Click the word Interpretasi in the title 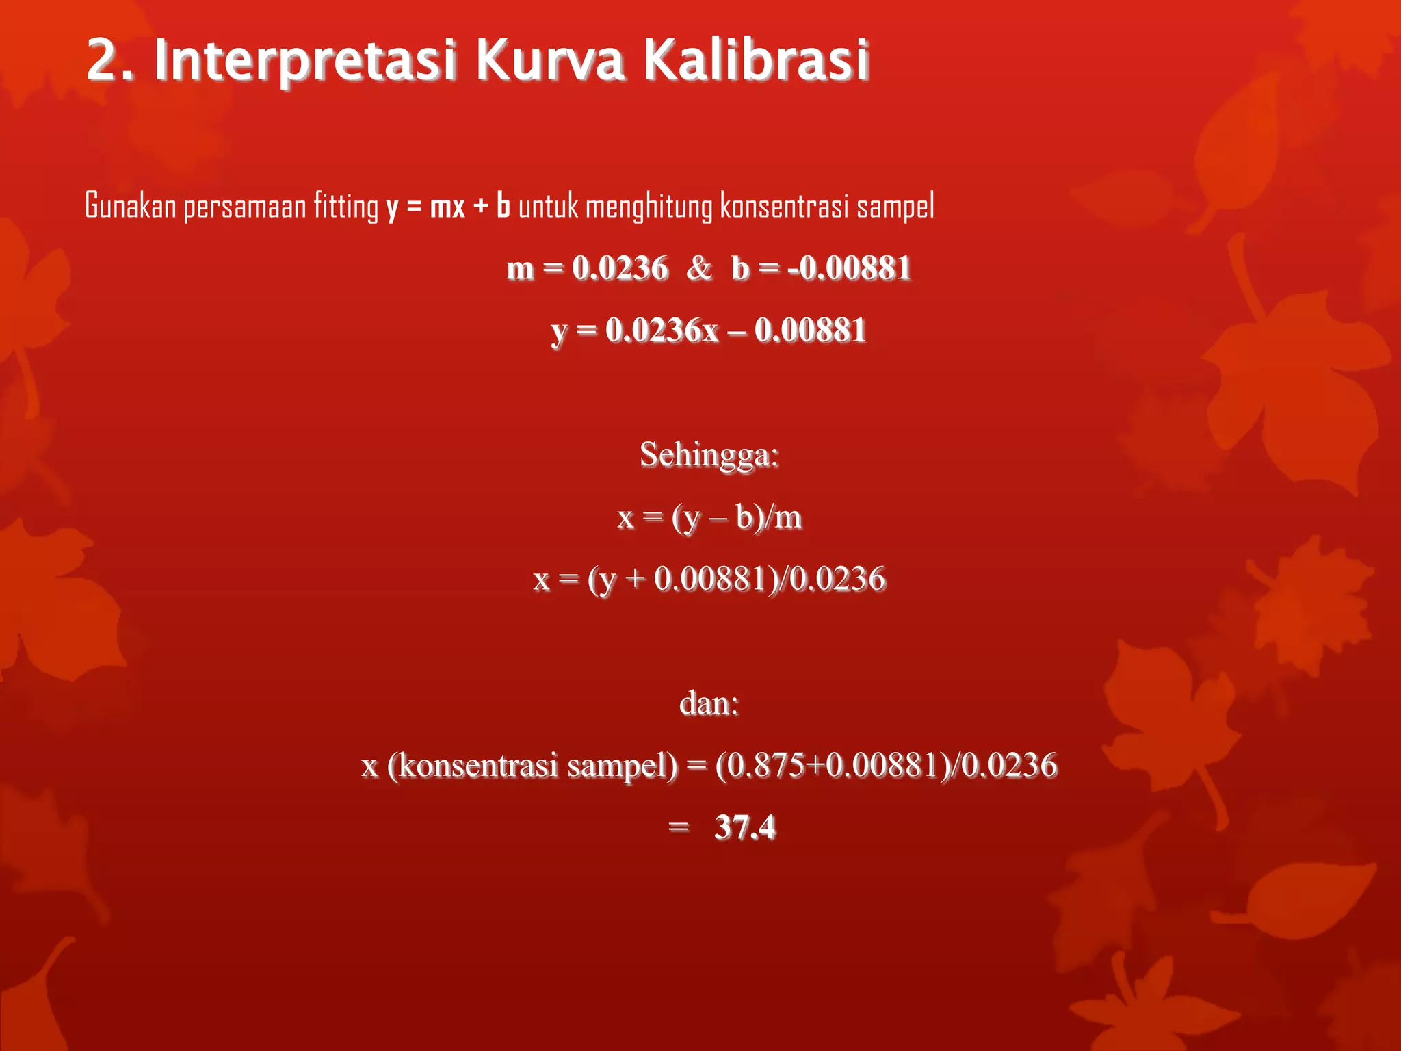[305, 60]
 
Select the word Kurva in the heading [549, 60]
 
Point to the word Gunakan [131, 205]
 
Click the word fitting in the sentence [345, 205]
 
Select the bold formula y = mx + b [448, 205]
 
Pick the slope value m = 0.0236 [587, 268]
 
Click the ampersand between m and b [698, 268]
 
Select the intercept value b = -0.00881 [821, 268]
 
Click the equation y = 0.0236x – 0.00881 [709, 330]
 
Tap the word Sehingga [709, 454]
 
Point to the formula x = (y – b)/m [709, 517]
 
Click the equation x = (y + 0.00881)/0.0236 [709, 579]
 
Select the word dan [709, 703]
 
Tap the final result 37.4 [745, 827]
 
